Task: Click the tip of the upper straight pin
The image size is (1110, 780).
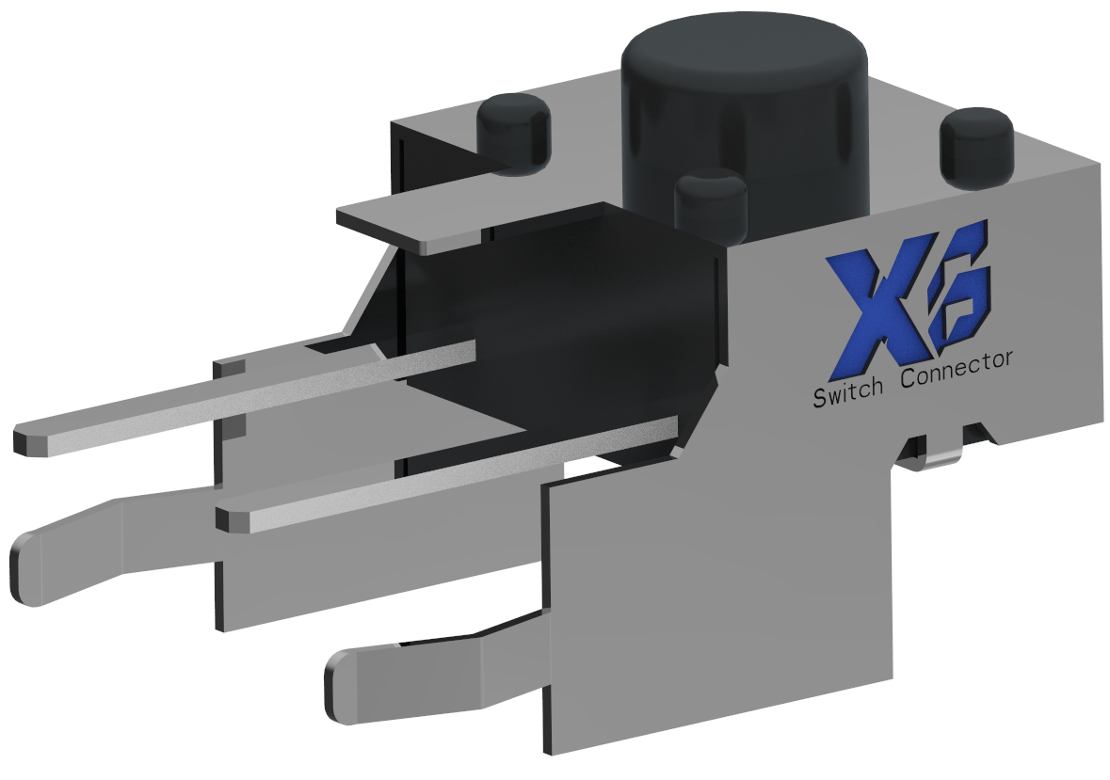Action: tap(28, 440)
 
